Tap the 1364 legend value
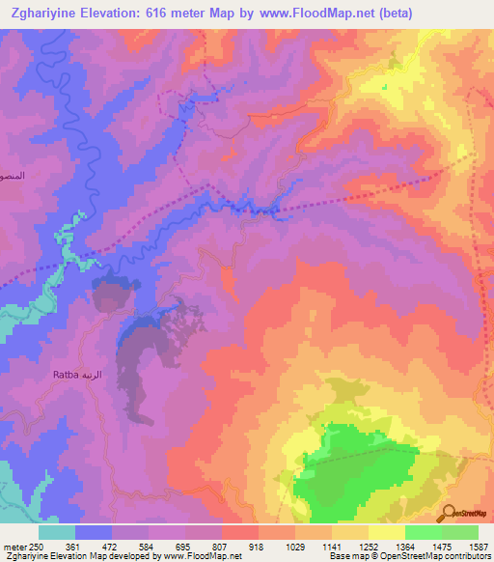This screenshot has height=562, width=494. pos(404,547)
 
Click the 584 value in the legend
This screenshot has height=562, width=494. pos(148,547)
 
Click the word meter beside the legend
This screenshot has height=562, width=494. pos(14,547)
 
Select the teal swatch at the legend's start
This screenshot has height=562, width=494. pos(57,532)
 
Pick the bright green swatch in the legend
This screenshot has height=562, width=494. pos(423,532)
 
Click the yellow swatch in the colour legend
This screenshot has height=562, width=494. pos(386,532)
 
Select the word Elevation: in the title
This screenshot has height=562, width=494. pos(122,13)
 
